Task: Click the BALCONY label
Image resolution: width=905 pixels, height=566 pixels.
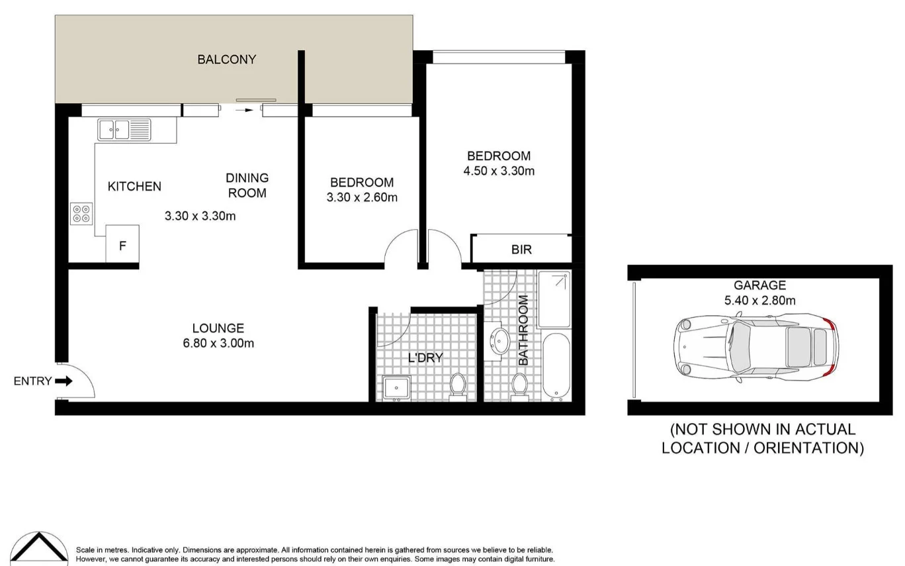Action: point(226,60)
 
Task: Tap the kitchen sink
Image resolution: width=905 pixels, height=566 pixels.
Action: point(124,129)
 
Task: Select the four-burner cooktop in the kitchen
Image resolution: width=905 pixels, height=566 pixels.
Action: point(81,214)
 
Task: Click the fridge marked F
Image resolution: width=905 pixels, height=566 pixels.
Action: point(122,244)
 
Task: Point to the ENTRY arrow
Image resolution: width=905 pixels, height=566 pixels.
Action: point(64,381)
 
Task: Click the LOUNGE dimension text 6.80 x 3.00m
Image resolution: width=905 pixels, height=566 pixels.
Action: point(218,343)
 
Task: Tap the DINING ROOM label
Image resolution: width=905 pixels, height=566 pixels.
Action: point(247,185)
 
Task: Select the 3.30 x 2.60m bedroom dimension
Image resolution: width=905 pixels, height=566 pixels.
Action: point(362,197)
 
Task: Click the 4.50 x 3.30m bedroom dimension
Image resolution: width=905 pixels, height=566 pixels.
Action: point(499,171)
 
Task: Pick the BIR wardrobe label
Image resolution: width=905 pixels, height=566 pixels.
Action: point(521,250)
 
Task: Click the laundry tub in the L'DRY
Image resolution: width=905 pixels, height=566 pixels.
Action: point(396,388)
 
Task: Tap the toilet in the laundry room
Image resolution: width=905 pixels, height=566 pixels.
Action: point(457,387)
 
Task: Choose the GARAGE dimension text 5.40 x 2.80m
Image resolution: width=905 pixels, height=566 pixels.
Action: point(759,300)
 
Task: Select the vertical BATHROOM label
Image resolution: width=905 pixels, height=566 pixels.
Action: point(523,330)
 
